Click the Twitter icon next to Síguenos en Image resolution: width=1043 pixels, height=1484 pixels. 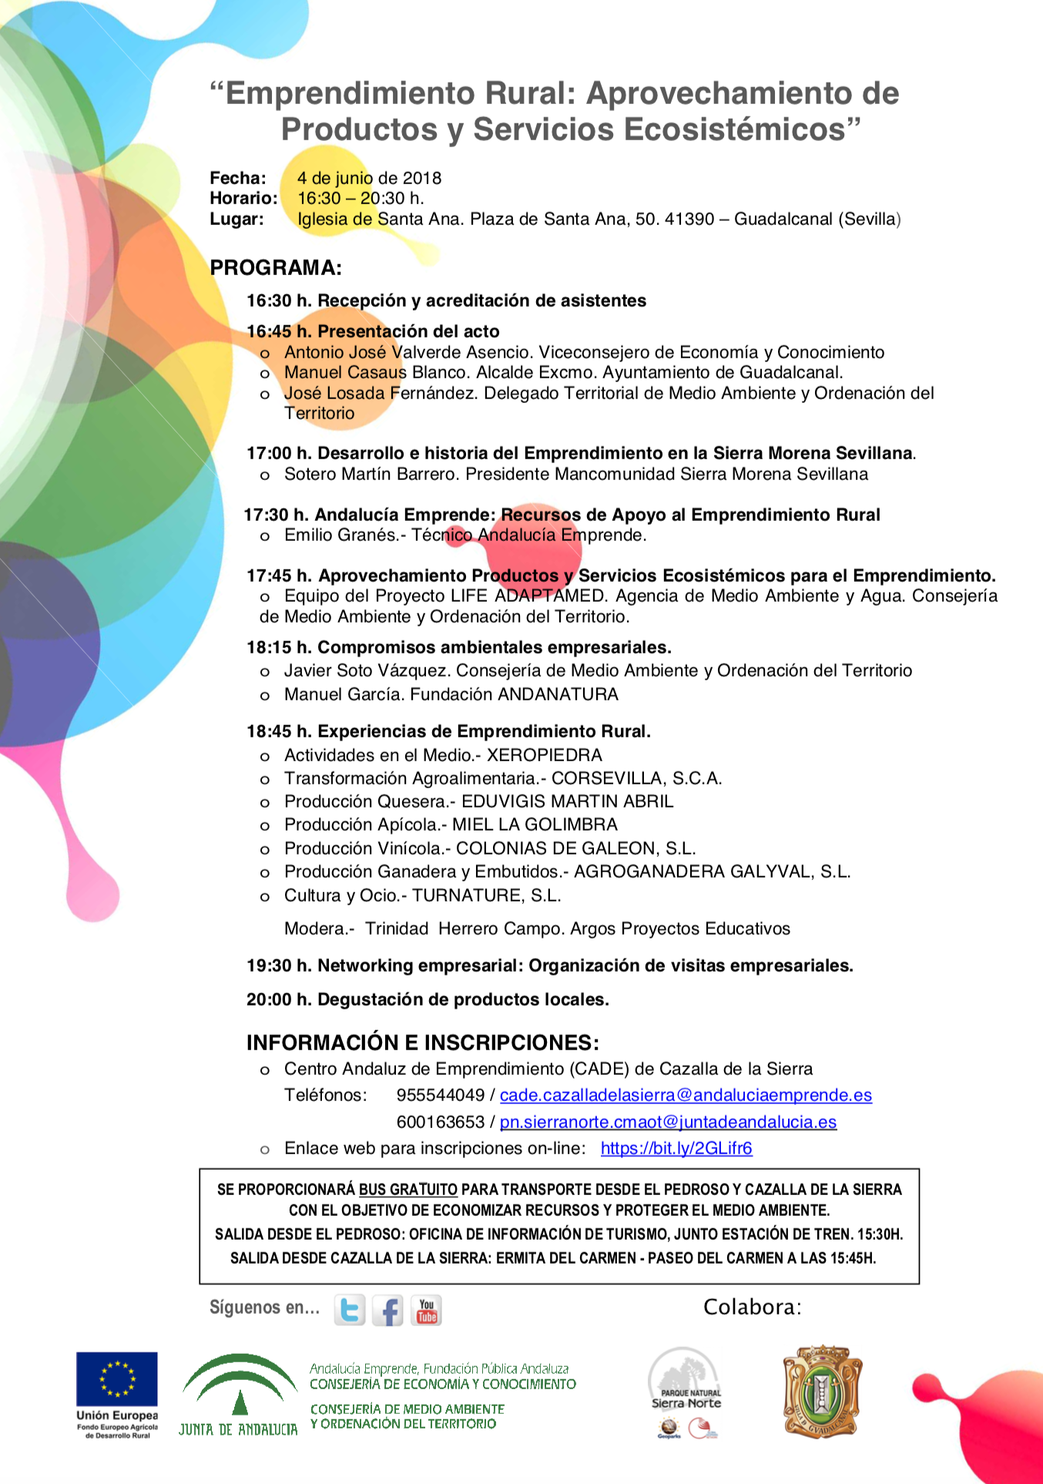point(350,1310)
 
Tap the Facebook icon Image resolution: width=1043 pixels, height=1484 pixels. point(387,1310)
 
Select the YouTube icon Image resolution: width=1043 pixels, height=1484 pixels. point(426,1310)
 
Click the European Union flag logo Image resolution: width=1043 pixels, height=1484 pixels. point(116,1379)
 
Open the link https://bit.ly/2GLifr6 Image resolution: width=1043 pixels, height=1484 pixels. point(676,1148)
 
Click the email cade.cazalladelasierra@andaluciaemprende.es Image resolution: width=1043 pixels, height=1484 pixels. point(686,1095)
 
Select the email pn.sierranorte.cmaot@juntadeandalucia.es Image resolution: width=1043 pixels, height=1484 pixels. point(668,1122)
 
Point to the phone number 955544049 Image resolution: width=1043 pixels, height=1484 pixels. point(441,1095)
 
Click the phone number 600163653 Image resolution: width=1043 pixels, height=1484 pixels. point(441,1122)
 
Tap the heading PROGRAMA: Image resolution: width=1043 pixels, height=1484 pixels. point(276,268)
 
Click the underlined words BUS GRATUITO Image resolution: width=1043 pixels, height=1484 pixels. point(407,1190)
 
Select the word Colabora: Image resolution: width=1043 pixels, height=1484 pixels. point(752,1307)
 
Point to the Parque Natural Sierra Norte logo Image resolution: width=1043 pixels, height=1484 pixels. point(685,1391)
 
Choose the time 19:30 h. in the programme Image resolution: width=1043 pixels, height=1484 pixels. point(279,965)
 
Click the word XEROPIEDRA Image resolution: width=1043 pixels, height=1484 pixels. point(544,755)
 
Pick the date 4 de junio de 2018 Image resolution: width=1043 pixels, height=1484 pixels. point(369,178)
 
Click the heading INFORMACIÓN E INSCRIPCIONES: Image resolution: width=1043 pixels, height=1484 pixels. point(422,1042)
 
